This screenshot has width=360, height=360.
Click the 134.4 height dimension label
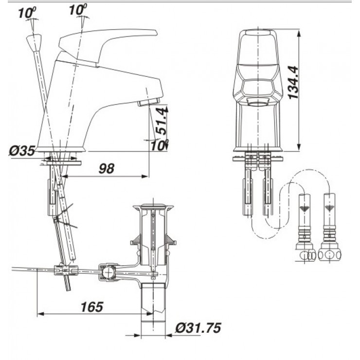(x=293, y=83)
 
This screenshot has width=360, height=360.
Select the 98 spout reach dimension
(x=107, y=168)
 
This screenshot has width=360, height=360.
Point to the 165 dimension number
(x=92, y=307)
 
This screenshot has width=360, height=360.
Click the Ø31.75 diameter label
(x=198, y=328)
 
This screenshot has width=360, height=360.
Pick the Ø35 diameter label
(x=22, y=151)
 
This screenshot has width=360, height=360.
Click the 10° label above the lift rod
(x=27, y=13)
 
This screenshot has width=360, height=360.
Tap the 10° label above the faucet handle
(x=78, y=10)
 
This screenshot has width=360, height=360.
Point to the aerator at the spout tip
(x=149, y=102)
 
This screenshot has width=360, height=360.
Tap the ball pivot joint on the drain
(x=108, y=272)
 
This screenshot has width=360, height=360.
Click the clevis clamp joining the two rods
(x=66, y=270)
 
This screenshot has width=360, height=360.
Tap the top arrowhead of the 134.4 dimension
(x=299, y=33)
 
